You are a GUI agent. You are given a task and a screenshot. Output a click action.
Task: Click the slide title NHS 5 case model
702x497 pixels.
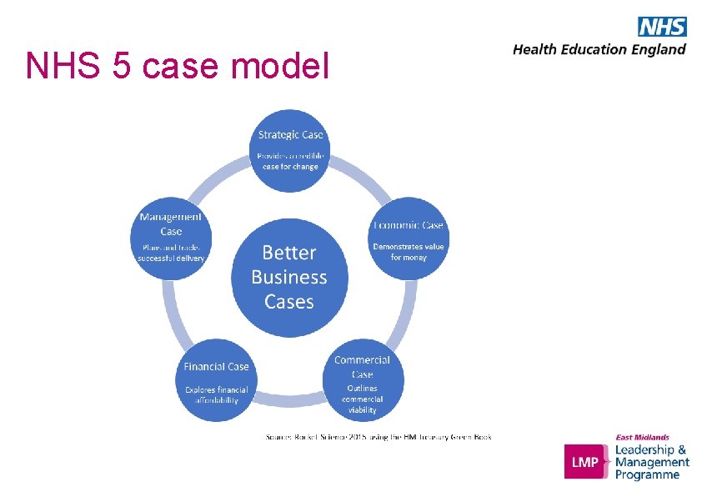(177, 65)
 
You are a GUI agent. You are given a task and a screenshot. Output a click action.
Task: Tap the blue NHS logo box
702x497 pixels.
(662, 27)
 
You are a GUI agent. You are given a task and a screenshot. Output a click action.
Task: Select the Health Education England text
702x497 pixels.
(599, 49)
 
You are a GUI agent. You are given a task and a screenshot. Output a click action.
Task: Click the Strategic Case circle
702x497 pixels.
(291, 149)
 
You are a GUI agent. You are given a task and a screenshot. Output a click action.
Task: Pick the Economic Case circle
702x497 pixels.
(408, 238)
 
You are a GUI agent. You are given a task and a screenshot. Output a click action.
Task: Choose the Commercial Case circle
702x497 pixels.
(363, 380)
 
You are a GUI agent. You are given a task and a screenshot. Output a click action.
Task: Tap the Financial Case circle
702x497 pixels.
(217, 380)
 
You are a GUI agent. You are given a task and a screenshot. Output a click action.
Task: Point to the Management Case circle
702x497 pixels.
(171, 238)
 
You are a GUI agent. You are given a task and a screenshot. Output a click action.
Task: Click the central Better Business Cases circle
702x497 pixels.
(289, 277)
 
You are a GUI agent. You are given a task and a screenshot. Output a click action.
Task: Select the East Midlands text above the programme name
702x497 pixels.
(642, 437)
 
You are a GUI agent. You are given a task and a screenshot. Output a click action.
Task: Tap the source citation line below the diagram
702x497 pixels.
(379, 436)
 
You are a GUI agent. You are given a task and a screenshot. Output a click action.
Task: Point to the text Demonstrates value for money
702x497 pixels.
(409, 252)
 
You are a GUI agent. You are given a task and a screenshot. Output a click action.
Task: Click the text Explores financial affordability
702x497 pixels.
(217, 394)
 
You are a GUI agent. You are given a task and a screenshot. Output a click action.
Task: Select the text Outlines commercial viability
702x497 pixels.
(362, 399)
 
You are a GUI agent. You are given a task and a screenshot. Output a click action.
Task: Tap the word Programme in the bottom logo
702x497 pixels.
(647, 474)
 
